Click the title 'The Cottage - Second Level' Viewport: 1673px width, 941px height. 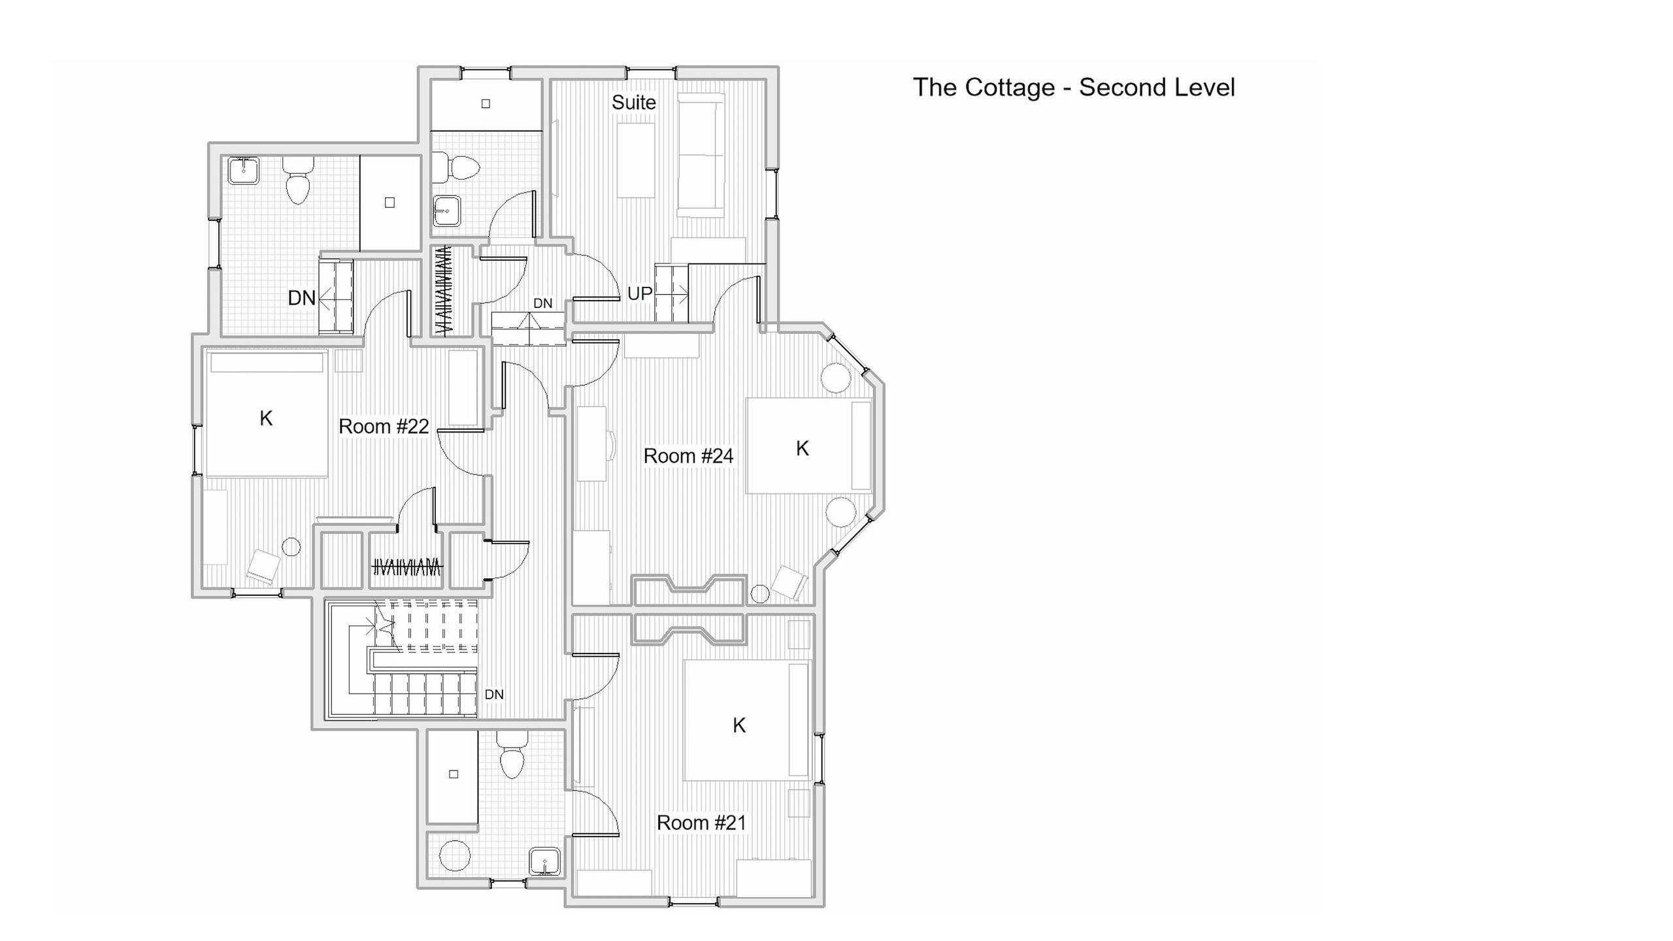coord(1074,88)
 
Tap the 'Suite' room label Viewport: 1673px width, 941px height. coord(633,103)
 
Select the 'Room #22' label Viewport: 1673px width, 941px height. coord(384,427)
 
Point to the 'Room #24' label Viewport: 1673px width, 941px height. coord(688,456)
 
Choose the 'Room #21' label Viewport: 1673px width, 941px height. coord(701,823)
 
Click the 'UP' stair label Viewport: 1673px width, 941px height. coord(640,294)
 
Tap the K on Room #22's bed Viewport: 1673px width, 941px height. coord(266,418)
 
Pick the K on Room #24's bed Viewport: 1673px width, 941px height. coord(803,448)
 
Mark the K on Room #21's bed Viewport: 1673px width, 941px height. coord(739,725)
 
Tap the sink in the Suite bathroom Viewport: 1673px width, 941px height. coord(446,210)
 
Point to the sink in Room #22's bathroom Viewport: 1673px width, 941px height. coord(244,171)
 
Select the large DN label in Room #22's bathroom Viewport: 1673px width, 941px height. coord(301,298)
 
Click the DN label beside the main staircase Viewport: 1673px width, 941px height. coord(494,695)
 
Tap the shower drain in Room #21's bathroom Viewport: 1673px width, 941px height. coord(454,774)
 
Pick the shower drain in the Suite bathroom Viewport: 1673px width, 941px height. coord(486,103)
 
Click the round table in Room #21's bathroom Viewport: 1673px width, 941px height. coord(455,856)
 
